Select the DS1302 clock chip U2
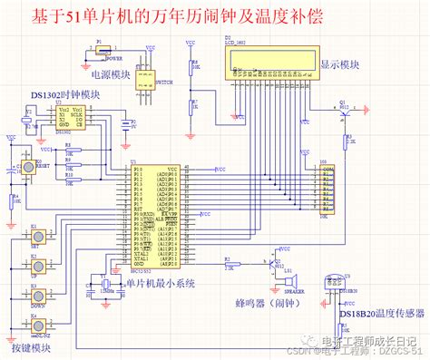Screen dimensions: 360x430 (70, 117)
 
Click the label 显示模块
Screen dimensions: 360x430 (341, 64)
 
